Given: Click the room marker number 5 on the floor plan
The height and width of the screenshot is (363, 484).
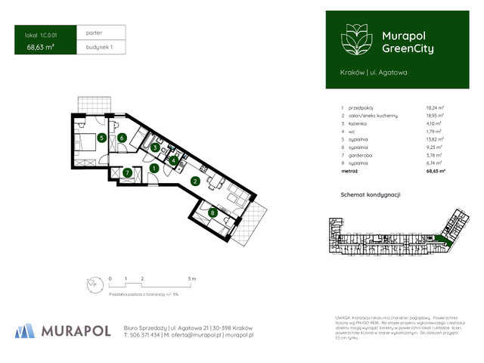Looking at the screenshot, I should click(x=101, y=138).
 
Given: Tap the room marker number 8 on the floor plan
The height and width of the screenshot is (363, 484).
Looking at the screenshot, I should click(x=213, y=213).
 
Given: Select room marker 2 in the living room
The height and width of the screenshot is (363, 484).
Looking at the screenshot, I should click(x=194, y=181).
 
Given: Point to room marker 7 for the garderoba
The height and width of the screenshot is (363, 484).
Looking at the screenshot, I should click(x=128, y=172).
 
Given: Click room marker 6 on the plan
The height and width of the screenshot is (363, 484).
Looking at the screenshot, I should click(x=122, y=138).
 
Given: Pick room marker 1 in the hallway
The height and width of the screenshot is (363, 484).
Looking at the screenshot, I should click(x=154, y=168).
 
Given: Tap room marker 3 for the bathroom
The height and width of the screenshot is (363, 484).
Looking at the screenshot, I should click(x=154, y=147).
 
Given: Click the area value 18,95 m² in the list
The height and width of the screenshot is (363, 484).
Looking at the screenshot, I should click(x=433, y=118).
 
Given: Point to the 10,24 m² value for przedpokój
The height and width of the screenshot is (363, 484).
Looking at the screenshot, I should click(x=433, y=108).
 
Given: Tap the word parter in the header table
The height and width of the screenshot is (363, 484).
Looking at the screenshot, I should click(x=95, y=33).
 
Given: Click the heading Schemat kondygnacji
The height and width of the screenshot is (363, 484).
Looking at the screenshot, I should click(x=371, y=194).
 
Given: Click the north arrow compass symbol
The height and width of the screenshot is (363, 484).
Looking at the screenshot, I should click(x=92, y=284).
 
